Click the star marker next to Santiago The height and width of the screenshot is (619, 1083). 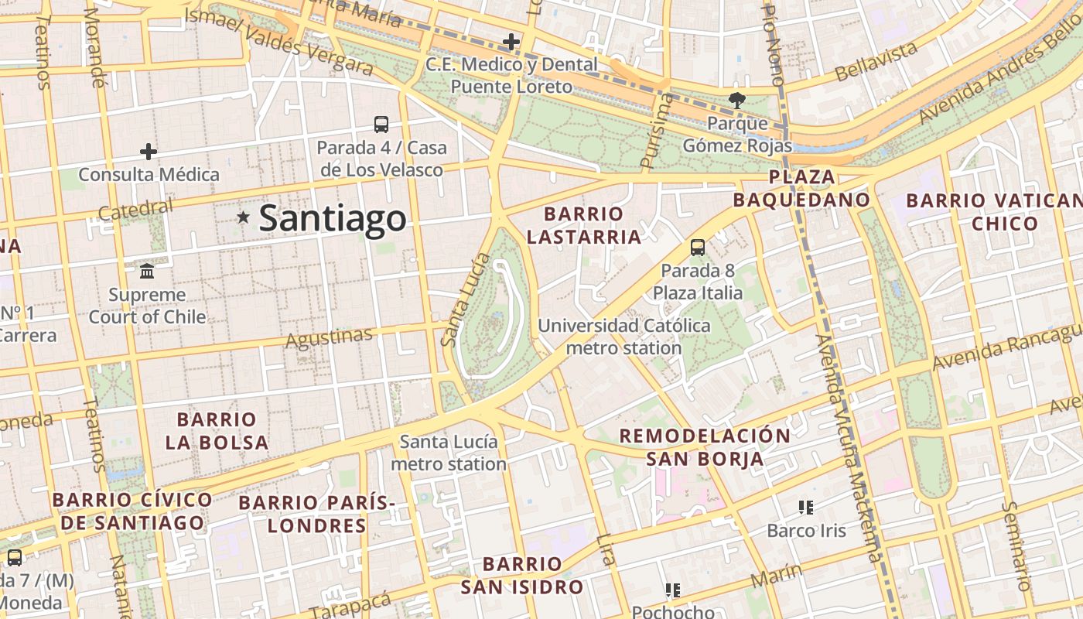click(x=244, y=218)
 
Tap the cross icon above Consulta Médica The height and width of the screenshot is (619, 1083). click(x=149, y=152)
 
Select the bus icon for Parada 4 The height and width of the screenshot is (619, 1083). click(x=381, y=125)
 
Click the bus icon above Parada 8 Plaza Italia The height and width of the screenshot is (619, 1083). click(x=698, y=248)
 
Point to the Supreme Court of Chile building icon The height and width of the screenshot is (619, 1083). click(x=147, y=272)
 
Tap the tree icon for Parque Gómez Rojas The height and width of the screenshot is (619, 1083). click(x=737, y=100)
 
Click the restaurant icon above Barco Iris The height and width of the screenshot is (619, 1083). click(x=806, y=508)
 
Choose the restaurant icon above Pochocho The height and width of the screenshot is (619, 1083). click(x=673, y=590)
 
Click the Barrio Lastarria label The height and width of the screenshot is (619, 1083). click(x=584, y=225)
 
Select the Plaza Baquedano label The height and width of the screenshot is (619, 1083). click(x=801, y=188)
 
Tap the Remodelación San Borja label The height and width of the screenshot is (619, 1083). click(x=705, y=446)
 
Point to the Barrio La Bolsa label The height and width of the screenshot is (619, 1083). click(x=217, y=431)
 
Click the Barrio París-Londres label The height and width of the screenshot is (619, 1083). click(x=317, y=514)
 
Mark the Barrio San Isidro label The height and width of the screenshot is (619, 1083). click(x=522, y=575)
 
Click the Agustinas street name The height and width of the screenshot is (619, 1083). click(x=329, y=337)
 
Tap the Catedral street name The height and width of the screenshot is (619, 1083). click(x=136, y=209)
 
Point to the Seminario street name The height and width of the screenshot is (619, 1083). click(x=1016, y=545)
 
